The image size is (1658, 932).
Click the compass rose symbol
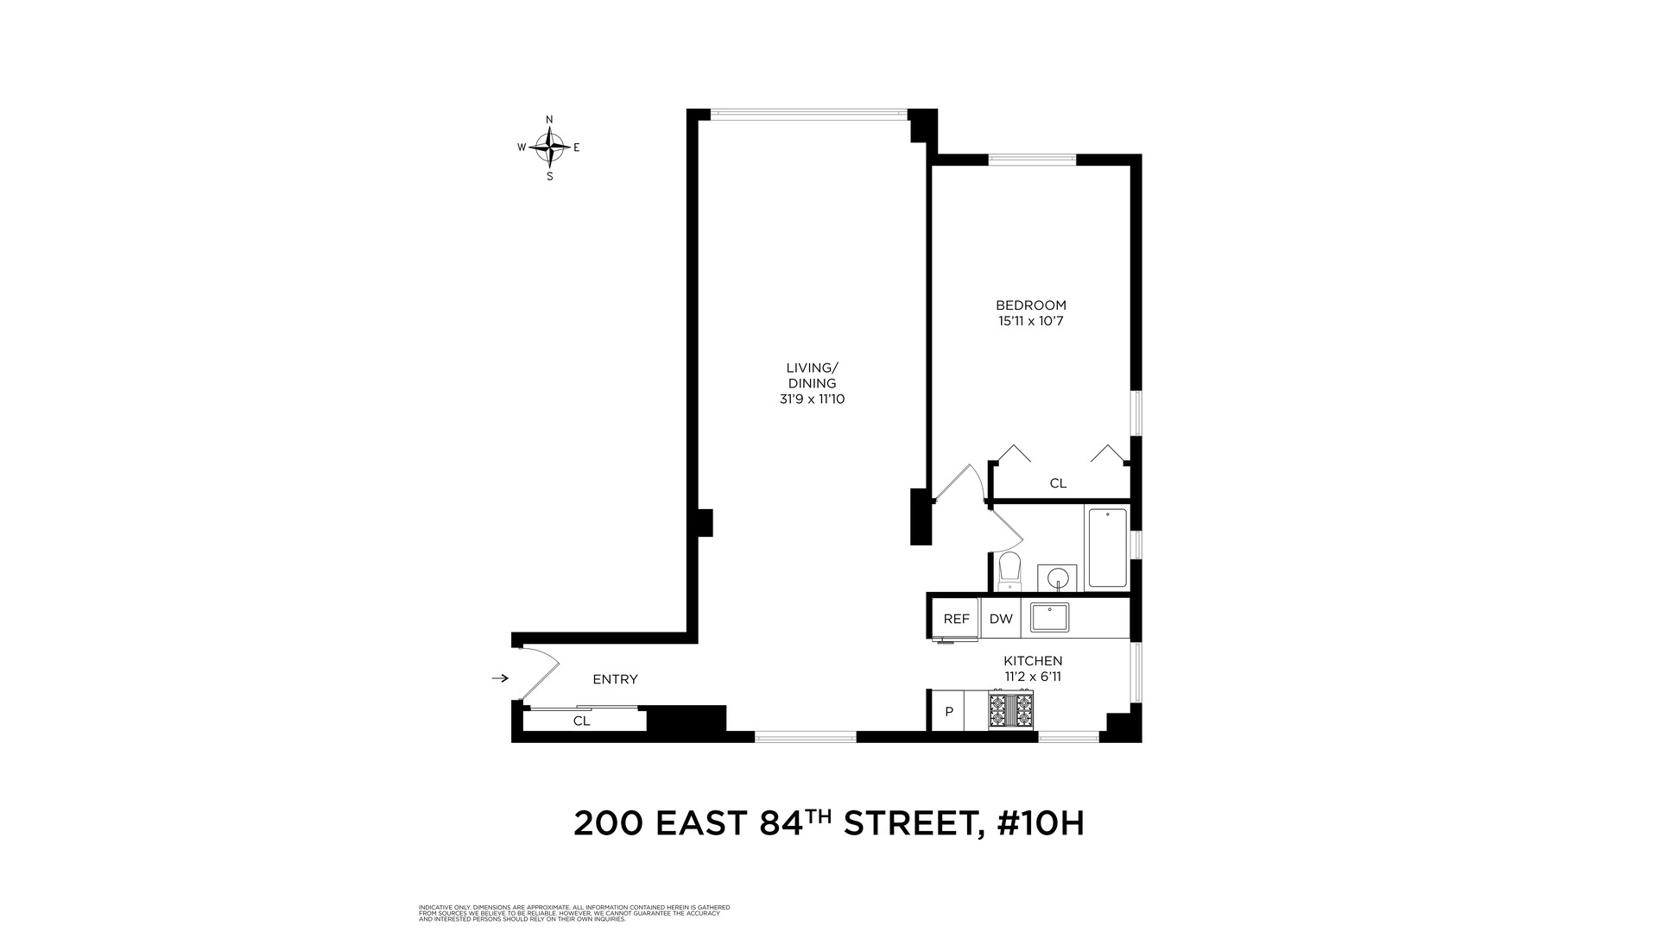pos(549,148)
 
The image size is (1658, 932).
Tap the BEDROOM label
pos(1031,305)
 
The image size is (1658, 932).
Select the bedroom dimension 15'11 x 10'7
pos(1031,321)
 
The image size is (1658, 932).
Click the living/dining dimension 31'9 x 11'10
pos(811,400)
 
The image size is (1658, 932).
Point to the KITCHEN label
pos(1033,661)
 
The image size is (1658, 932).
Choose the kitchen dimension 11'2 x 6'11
pos(1033,677)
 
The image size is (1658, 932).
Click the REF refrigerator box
pos(956,619)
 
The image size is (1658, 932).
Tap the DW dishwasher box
pos(1001,619)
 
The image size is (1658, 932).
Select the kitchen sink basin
pos(1049,618)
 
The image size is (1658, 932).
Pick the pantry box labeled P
pos(949,712)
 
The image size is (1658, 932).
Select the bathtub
pos(1107,548)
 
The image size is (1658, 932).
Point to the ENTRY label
pos(615,679)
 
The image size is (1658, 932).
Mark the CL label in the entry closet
pos(581,721)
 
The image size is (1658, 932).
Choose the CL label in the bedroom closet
pos(1058,483)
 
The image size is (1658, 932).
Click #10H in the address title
pos(1041,823)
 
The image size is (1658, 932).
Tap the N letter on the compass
pos(549,120)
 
